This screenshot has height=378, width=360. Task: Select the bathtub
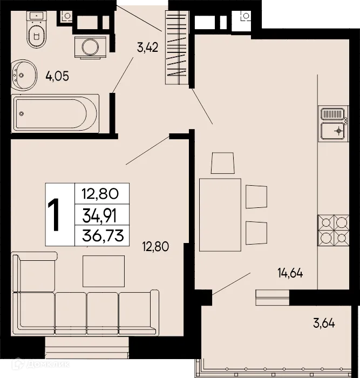(56, 112)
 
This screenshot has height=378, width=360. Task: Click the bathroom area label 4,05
(57, 76)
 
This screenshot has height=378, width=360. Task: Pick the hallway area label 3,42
(147, 48)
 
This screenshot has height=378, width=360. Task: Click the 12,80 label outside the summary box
(155, 247)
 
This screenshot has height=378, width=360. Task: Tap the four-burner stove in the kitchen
(333, 230)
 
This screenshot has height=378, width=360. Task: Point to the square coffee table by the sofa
(104, 271)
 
